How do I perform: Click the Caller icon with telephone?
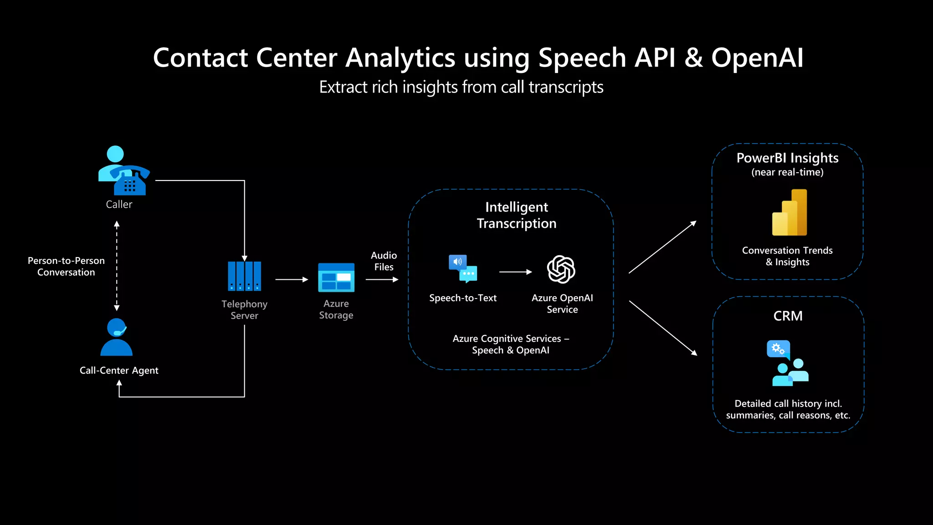(123, 171)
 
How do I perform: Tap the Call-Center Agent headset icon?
(117, 337)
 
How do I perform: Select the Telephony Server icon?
(245, 276)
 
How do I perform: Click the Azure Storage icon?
(336, 278)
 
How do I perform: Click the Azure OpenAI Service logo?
(561, 269)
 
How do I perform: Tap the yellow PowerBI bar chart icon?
(789, 213)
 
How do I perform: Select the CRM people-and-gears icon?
(788, 363)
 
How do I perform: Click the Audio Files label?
(384, 261)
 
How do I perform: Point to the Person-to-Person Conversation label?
(66, 267)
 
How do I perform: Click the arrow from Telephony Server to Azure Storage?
(292, 279)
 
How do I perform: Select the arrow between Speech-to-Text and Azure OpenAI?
(515, 272)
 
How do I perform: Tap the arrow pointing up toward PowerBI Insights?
(662, 247)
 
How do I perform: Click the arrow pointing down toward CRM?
(663, 328)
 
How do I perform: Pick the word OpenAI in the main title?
(757, 58)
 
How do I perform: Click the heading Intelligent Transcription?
(517, 215)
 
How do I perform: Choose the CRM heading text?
(788, 316)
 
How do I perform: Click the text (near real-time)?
(787, 172)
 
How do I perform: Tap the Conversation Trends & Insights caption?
(787, 256)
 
